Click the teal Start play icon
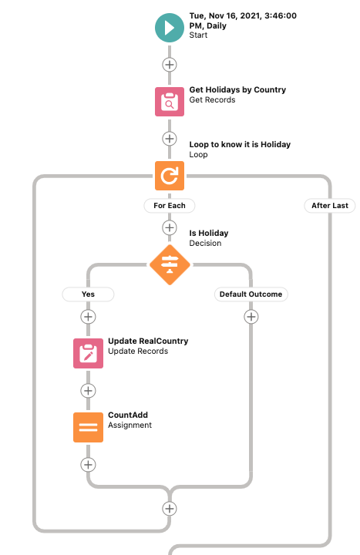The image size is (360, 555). click(169, 28)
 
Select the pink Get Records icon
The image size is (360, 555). click(169, 102)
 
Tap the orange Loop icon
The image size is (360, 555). click(169, 176)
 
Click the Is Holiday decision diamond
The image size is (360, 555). click(170, 264)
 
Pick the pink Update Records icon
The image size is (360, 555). click(88, 353)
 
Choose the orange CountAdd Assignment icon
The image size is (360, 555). click(88, 427)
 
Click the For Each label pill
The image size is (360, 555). click(169, 206)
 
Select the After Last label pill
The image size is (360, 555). click(330, 206)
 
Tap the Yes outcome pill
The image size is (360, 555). click(88, 294)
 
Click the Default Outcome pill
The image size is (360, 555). click(251, 294)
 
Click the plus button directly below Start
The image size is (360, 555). click(169, 65)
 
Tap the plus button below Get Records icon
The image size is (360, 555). click(169, 139)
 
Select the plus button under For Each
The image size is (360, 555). click(169, 227)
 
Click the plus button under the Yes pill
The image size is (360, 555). click(88, 317)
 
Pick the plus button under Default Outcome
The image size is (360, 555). click(251, 317)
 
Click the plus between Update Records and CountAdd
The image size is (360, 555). click(88, 391)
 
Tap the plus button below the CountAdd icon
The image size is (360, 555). click(88, 465)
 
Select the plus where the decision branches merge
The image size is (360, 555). click(169, 509)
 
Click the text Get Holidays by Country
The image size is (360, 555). click(237, 90)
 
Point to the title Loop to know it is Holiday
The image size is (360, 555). click(240, 144)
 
